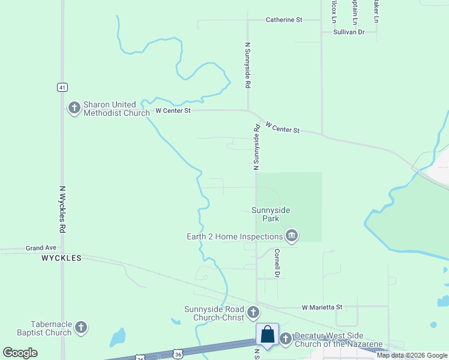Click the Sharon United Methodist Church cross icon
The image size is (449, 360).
coord(74,108)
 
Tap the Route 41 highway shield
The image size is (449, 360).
coord(62,87)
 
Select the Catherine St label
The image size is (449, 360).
coord(284,20)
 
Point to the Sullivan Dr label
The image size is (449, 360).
coord(349,32)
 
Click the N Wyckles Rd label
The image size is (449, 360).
coord(62,209)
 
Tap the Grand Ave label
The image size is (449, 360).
coord(41,247)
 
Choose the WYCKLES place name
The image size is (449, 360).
coord(61,258)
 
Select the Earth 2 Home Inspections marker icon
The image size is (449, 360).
coord(292,236)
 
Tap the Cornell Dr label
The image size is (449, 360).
coord(277,263)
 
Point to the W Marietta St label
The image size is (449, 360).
coord(322,307)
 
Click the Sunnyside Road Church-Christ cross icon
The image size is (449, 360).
coord(253,312)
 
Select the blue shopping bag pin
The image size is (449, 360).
coord(267,335)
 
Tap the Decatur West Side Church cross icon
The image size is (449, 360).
coord(285,339)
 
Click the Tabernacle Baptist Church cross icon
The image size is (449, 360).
coord(81,328)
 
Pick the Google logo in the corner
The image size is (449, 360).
coord(20,353)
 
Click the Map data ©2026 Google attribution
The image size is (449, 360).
coord(412,355)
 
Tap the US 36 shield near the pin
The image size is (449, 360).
coord(178,356)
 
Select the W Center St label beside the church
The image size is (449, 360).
coord(173,110)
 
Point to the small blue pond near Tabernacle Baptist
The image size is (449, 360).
coord(118,338)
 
